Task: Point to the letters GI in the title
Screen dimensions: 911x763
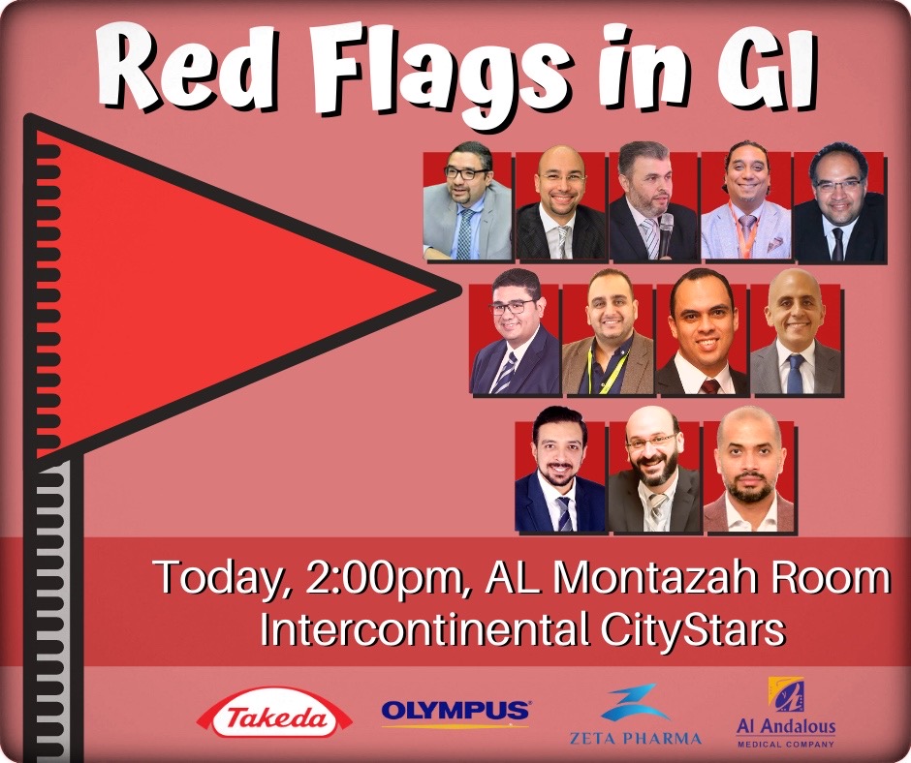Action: (768, 70)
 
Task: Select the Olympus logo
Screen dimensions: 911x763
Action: (455, 712)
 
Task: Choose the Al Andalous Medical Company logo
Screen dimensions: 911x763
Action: (786, 713)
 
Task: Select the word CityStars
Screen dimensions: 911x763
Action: (693, 631)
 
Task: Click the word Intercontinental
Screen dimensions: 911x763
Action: (425, 630)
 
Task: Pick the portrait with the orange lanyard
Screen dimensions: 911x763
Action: (745, 200)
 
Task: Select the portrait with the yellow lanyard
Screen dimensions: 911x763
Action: (607, 333)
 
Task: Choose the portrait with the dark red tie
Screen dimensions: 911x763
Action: (703, 333)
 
